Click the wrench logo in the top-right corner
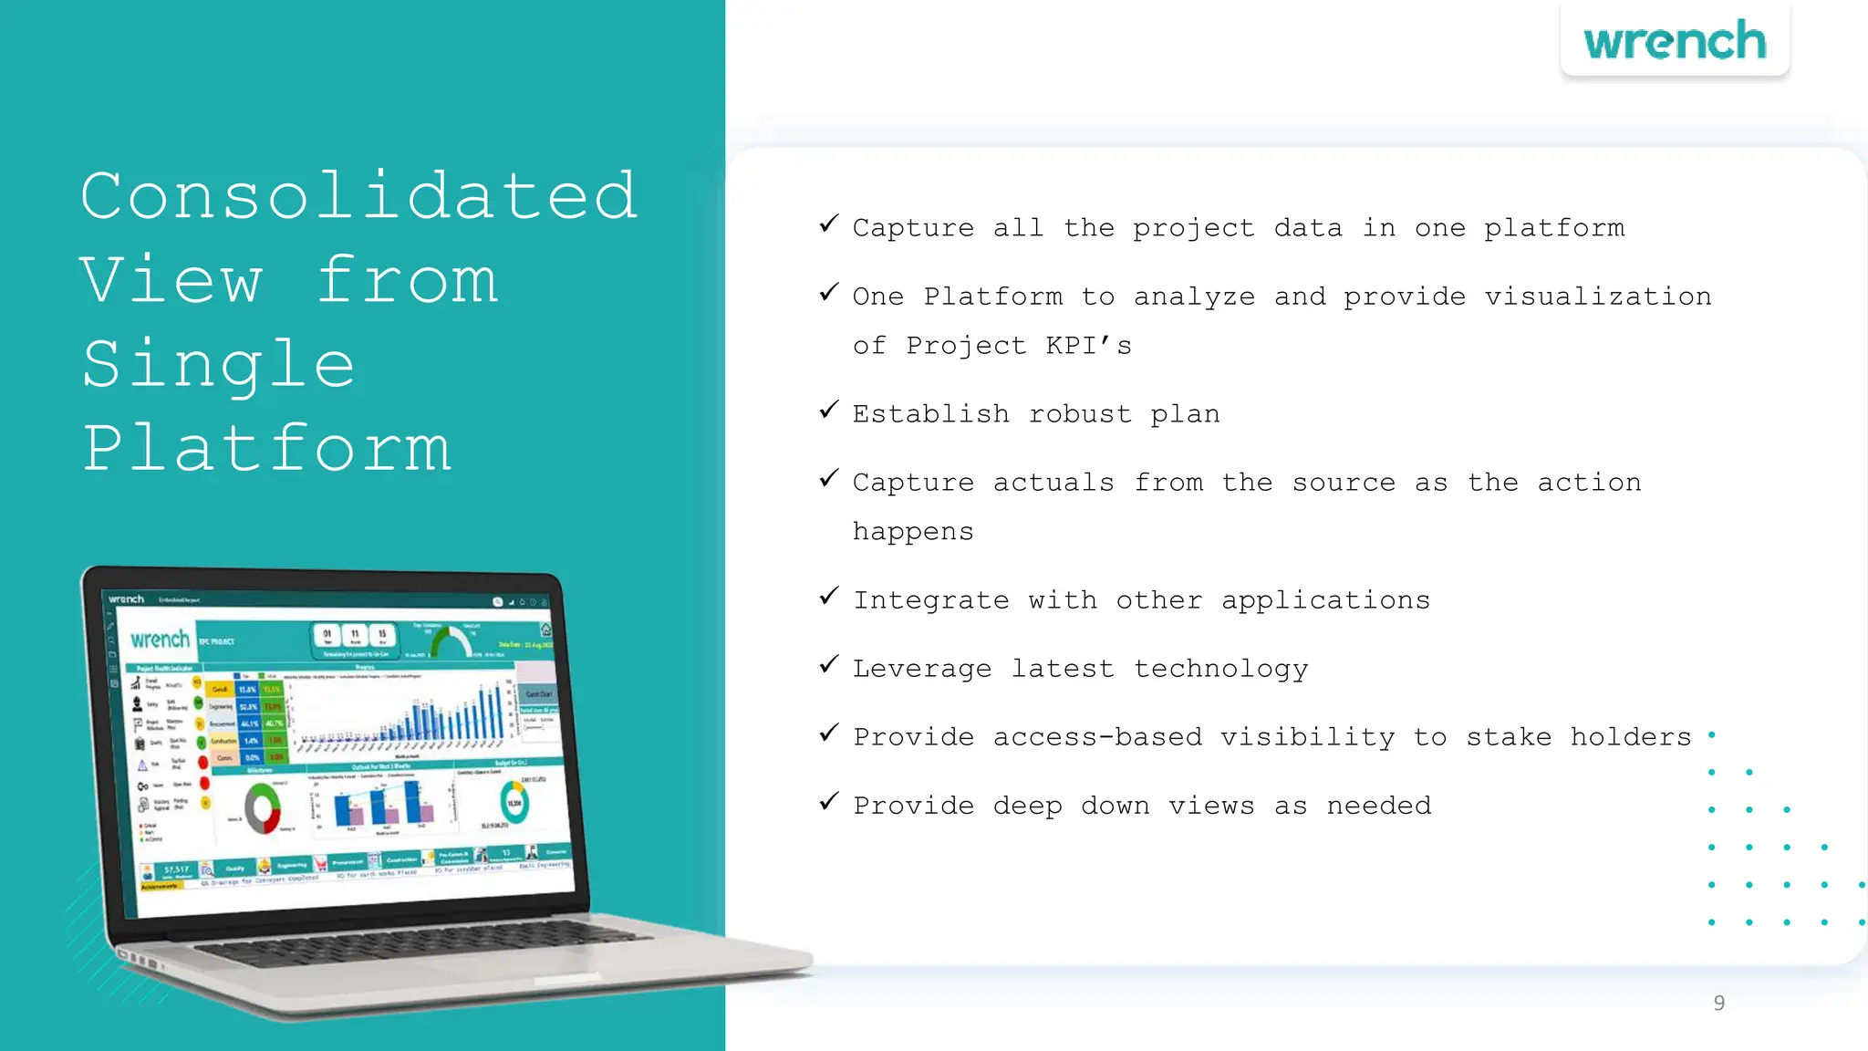coord(1675,42)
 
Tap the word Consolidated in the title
coord(358,196)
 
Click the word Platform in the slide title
coord(266,449)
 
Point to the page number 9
coord(1718,1003)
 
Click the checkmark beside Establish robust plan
coord(828,411)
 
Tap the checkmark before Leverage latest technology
coord(828,665)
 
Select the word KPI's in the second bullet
coord(1088,346)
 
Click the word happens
coord(913,532)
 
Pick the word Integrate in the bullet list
coord(931,600)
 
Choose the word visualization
coord(1597,297)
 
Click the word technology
coord(1220,669)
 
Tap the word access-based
coord(1097,737)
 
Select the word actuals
coord(1053,483)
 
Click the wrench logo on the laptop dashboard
coord(160,639)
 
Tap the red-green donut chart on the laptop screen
coord(263,807)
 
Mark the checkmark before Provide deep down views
coord(828,802)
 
